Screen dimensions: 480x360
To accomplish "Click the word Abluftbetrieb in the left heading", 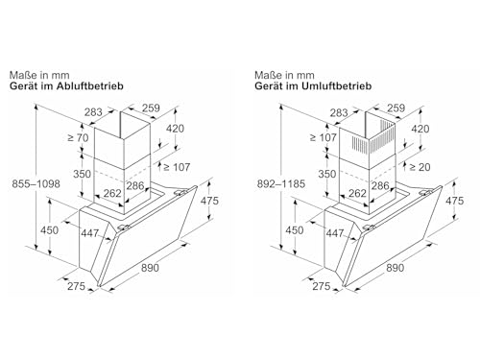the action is pyautogui.click(x=89, y=86).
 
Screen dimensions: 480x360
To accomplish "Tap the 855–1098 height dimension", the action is pyautogui.click(x=36, y=184).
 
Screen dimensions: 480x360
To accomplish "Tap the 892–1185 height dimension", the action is pyautogui.click(x=281, y=184).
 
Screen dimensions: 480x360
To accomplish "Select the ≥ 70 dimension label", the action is pyautogui.click(x=78, y=138).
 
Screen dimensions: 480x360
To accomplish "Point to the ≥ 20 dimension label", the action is pyautogui.click(x=420, y=167).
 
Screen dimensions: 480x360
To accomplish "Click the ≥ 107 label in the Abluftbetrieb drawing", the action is pyautogui.click(x=177, y=167).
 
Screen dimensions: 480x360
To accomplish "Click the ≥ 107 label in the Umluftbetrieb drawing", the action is pyautogui.click(x=324, y=138).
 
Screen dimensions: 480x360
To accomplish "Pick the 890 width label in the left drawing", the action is pyautogui.click(x=150, y=268).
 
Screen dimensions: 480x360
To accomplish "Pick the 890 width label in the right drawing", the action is pyautogui.click(x=395, y=268).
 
